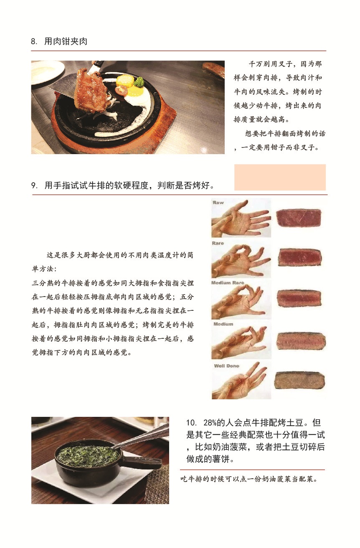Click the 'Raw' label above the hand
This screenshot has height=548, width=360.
218,203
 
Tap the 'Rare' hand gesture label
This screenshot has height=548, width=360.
218,243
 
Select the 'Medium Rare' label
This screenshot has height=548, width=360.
228,283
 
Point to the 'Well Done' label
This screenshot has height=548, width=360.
226,366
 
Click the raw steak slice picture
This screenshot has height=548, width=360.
299,218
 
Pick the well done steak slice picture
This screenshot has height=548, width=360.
299,381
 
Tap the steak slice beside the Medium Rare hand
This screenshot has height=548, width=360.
299,299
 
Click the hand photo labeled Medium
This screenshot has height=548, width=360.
241,340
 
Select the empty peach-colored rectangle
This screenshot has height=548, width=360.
280,177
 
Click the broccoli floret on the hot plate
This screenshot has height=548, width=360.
139,82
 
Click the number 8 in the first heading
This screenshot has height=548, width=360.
33,41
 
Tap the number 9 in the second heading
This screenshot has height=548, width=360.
34,185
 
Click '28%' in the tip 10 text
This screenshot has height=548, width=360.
210,423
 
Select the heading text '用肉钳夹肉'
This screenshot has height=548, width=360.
66,41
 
